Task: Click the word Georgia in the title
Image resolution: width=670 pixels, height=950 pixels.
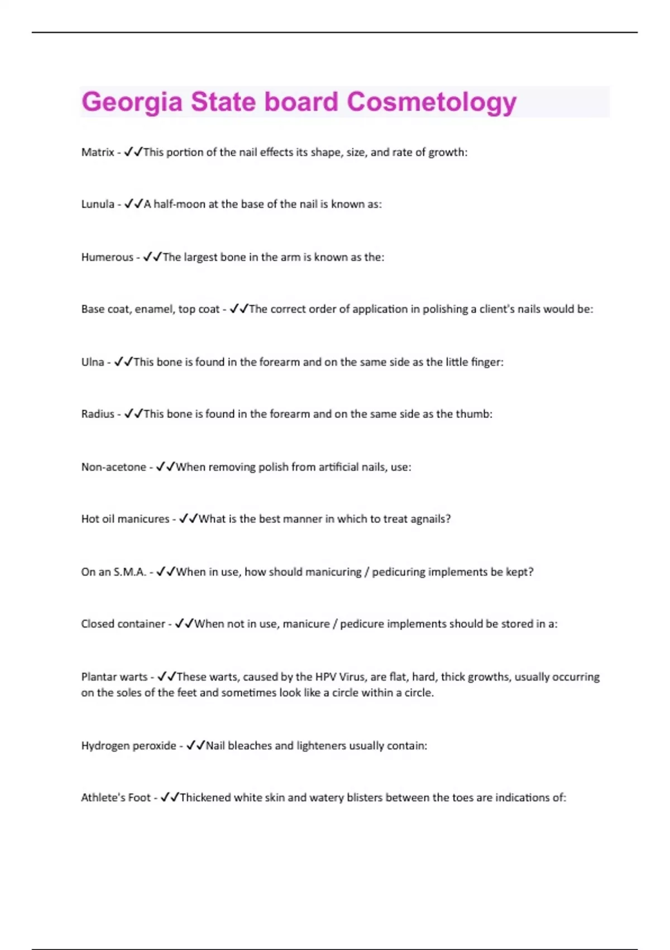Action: (x=132, y=102)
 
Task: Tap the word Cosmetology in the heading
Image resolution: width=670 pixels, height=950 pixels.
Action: (x=432, y=102)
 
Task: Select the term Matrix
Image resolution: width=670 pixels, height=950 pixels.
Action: (x=98, y=152)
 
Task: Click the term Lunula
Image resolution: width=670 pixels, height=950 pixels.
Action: (x=98, y=204)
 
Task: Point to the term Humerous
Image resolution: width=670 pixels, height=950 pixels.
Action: (x=107, y=257)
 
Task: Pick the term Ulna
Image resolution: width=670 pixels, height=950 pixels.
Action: (x=93, y=362)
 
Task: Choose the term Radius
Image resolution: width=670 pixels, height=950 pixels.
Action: (x=98, y=414)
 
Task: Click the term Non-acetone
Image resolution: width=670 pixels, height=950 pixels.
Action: (x=113, y=467)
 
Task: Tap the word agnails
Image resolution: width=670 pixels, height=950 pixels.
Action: (x=428, y=519)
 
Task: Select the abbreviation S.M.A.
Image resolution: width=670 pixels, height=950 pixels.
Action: (x=130, y=572)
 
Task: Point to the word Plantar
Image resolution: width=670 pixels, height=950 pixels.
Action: (x=98, y=677)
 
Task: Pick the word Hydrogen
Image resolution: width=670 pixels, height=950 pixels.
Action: (x=103, y=745)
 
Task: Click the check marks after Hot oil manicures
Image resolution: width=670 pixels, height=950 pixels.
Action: (x=189, y=519)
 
